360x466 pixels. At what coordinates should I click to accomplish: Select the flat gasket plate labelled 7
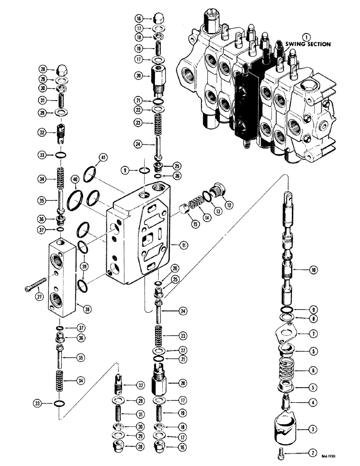(x=287, y=334)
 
